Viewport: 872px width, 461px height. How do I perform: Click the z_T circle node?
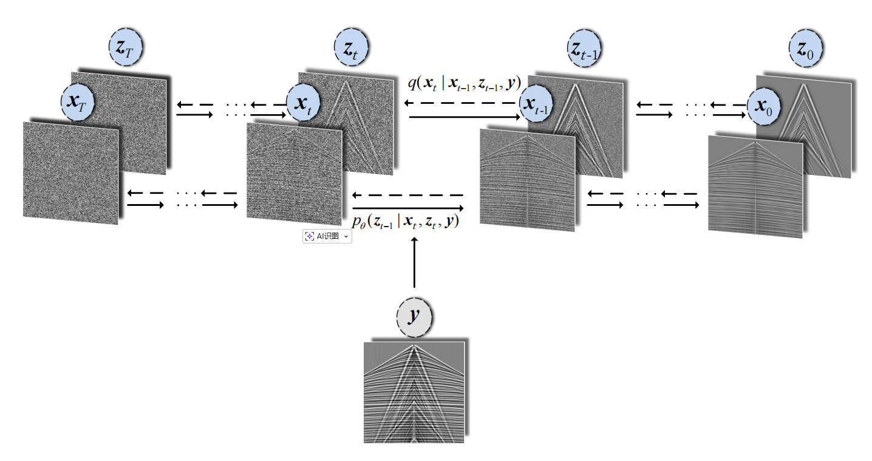click(x=126, y=47)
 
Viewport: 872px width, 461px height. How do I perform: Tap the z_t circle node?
click(x=352, y=47)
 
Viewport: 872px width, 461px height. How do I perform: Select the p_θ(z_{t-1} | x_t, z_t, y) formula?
click(x=406, y=222)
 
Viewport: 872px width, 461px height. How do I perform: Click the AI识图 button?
click(x=327, y=236)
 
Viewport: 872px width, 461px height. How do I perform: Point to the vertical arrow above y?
click(x=415, y=262)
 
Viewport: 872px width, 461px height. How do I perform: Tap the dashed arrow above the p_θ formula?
click(x=407, y=196)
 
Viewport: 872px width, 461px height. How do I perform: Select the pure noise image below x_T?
click(x=70, y=172)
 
